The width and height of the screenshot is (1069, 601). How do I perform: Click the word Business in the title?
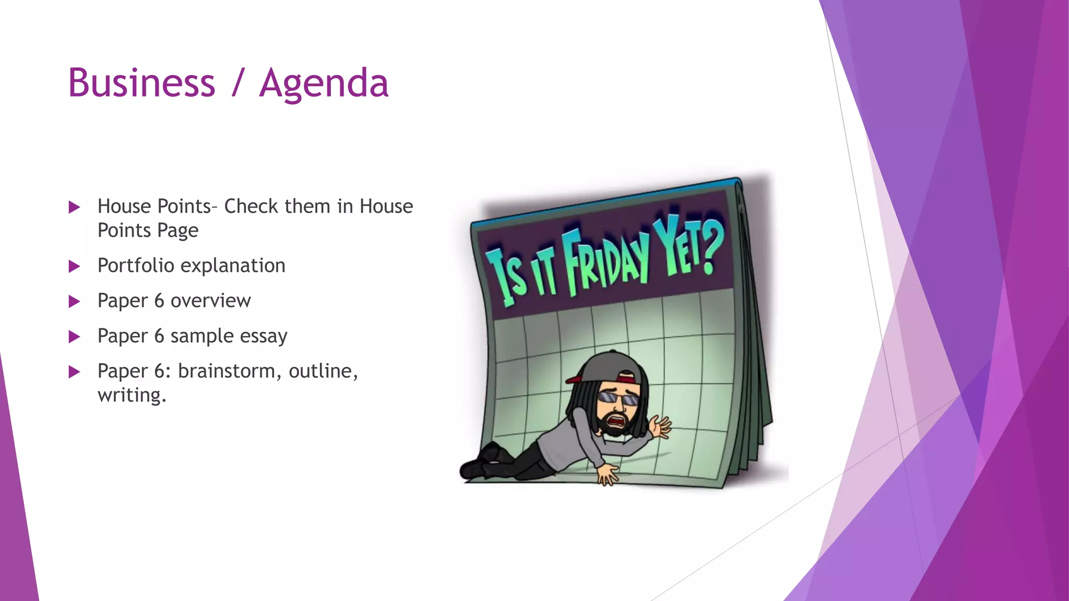point(141,83)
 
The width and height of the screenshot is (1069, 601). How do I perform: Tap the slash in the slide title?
point(237,83)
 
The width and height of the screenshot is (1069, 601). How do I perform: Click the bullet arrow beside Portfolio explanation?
point(74,267)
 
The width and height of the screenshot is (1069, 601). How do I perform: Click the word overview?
point(210,301)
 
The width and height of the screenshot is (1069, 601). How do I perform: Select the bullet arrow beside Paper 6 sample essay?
point(74,337)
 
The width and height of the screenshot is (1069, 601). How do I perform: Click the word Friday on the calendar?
point(605,261)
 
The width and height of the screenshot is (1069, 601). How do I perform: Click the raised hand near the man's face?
point(660,427)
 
